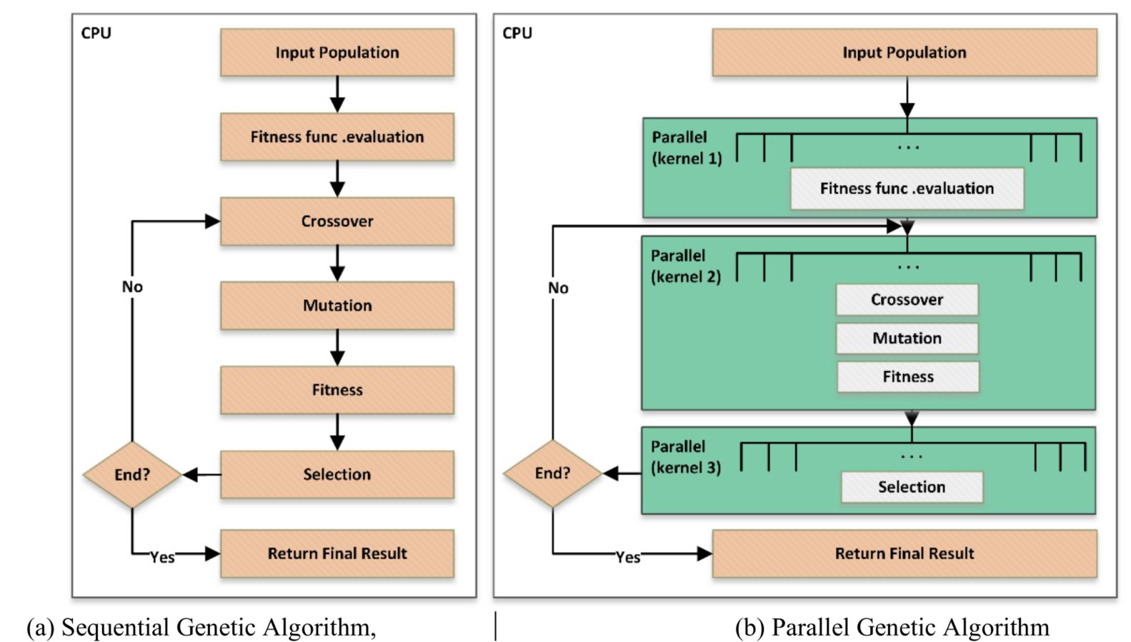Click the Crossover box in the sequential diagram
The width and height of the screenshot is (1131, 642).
click(337, 221)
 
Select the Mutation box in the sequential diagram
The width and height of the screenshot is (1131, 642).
click(337, 306)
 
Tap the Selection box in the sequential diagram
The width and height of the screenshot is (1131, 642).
click(337, 474)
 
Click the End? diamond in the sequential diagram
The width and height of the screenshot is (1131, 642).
click(132, 474)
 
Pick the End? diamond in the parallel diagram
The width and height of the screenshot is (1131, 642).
click(552, 473)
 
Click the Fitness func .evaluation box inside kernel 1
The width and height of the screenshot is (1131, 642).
click(907, 189)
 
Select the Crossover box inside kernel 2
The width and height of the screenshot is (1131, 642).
click(907, 300)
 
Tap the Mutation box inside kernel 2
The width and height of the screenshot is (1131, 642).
click(907, 338)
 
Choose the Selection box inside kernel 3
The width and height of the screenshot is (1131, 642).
click(912, 487)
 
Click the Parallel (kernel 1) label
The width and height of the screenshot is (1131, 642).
click(686, 148)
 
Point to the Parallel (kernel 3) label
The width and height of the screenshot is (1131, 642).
click(685, 457)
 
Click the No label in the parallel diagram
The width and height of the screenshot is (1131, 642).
click(558, 288)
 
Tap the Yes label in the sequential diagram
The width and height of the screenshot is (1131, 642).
click(162, 557)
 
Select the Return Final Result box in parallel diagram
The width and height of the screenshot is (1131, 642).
click(904, 553)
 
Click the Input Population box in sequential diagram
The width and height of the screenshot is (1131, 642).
click(337, 52)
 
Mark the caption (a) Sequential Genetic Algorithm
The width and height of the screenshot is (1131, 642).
click(201, 627)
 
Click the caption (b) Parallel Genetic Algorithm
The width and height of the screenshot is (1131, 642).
click(892, 627)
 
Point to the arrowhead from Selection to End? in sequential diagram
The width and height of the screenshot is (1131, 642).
click(190, 474)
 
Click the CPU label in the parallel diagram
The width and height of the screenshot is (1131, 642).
click(517, 33)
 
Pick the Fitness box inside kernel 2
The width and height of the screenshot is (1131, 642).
click(907, 377)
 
